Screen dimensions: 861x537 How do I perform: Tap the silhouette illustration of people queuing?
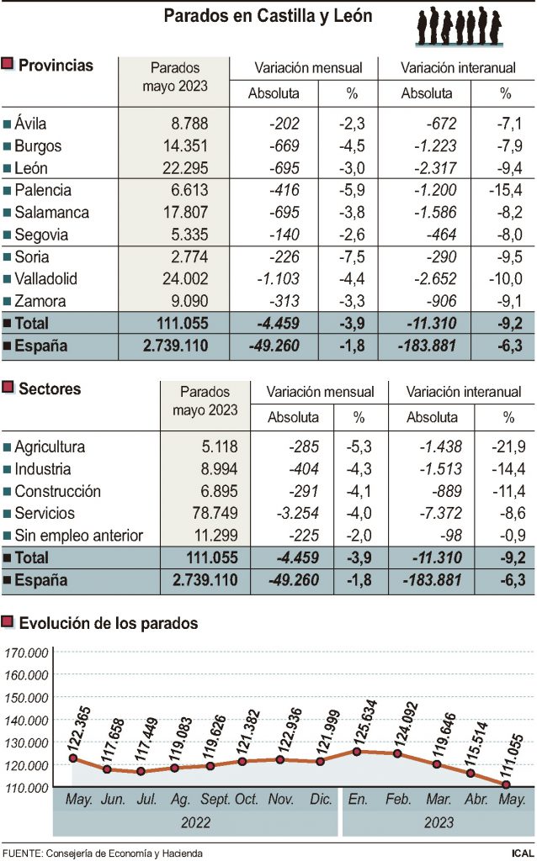(x=460, y=26)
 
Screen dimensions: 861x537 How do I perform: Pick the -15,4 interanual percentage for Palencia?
(x=505, y=190)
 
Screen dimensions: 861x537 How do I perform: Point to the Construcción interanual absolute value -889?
(x=446, y=491)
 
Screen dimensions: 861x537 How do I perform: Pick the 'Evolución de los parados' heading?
(x=109, y=623)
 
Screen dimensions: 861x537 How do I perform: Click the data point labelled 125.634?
(x=358, y=751)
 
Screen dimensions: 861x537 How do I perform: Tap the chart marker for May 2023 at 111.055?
(x=505, y=784)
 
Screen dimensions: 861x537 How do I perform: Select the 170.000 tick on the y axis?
(x=26, y=652)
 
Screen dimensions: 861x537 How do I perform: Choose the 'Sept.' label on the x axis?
(x=215, y=798)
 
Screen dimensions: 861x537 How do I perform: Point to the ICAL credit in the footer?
(x=521, y=853)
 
